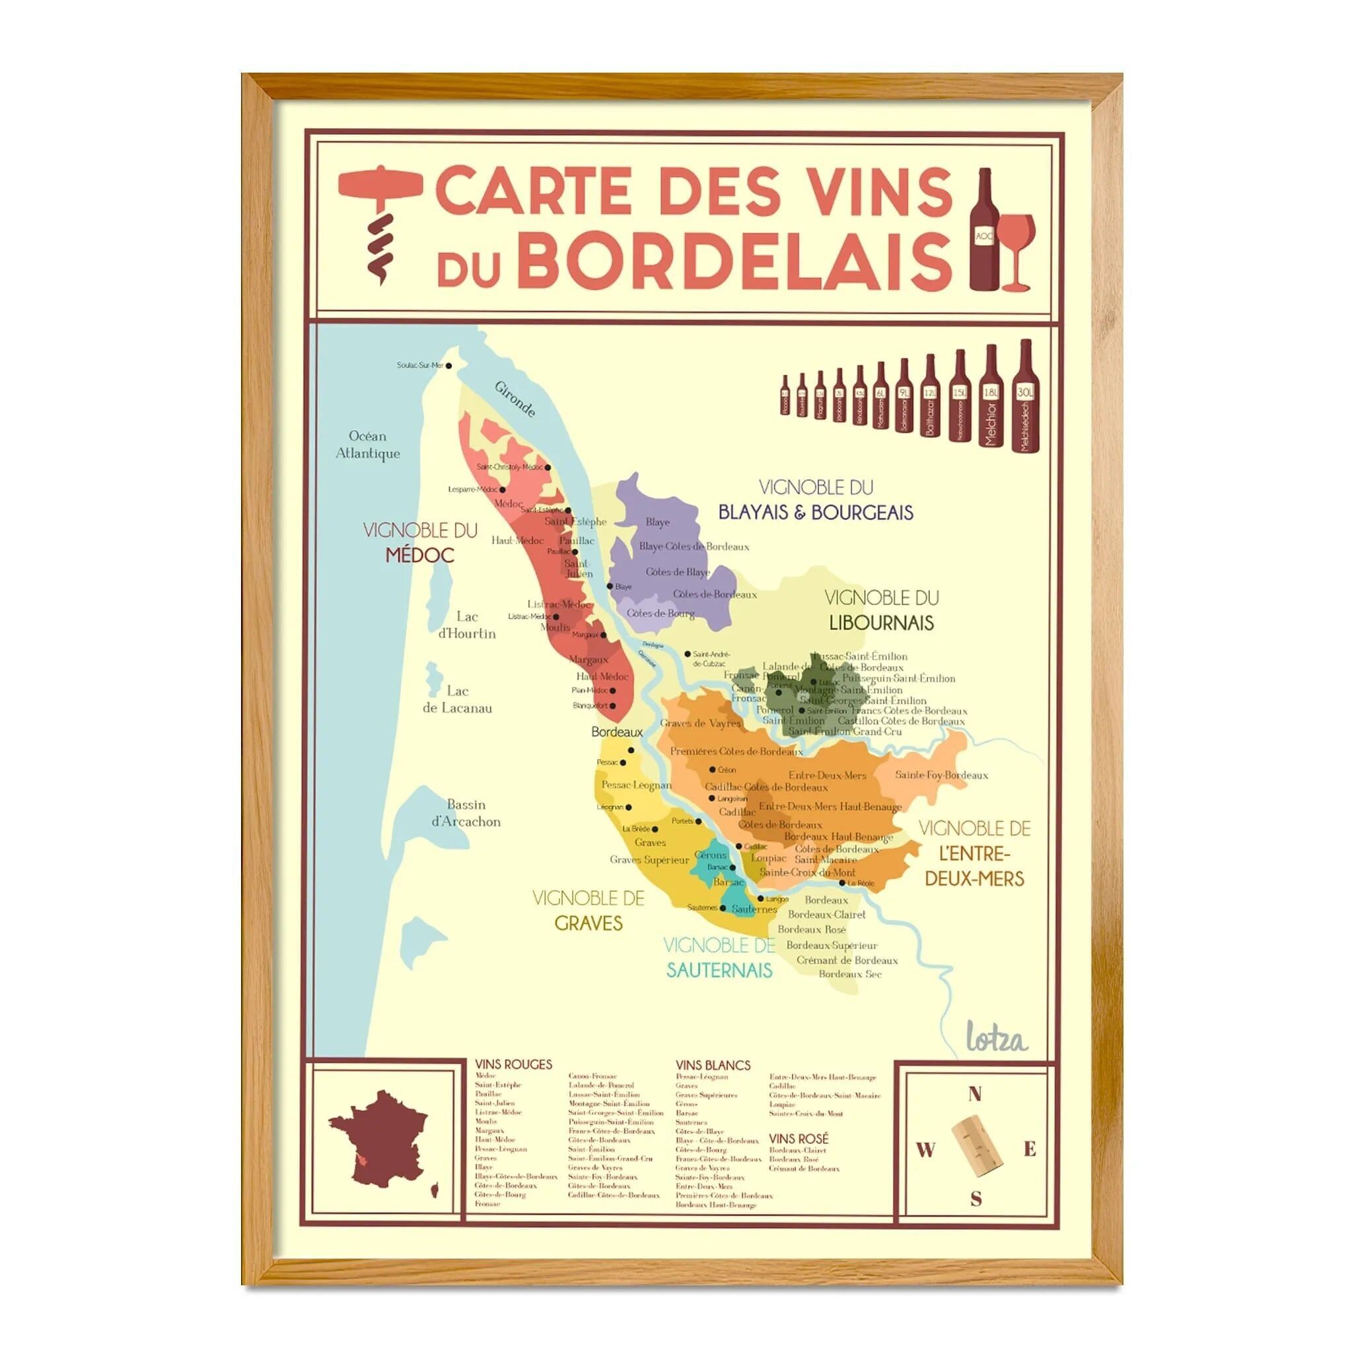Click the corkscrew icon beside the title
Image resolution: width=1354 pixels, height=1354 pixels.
tap(380, 223)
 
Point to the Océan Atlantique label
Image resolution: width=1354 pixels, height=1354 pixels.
tap(368, 445)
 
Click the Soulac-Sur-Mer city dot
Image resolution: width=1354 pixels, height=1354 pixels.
tap(448, 366)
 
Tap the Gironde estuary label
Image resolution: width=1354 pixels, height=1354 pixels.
tap(515, 399)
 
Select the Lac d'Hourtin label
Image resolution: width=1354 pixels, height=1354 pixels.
tap(467, 625)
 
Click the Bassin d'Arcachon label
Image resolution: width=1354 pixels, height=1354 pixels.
tap(466, 813)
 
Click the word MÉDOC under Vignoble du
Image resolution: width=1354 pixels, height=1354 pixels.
tap(420, 555)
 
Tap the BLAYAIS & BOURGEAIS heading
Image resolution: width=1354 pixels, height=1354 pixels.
tap(816, 513)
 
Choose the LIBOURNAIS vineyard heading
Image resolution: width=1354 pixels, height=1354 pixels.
tap(881, 623)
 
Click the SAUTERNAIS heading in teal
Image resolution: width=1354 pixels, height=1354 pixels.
tap(719, 971)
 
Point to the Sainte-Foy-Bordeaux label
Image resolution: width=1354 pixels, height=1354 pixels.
tap(941, 775)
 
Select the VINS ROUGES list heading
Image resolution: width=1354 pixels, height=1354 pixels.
tap(513, 1065)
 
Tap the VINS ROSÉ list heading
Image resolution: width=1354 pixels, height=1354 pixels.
tap(799, 1139)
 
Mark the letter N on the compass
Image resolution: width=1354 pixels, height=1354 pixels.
tap(974, 1094)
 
